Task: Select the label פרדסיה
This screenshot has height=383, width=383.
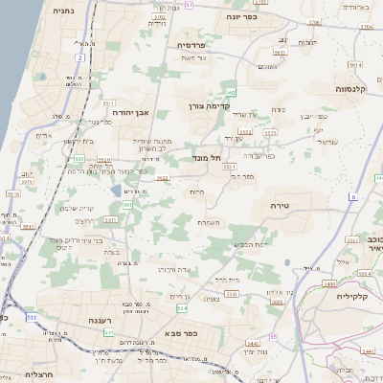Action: (191, 45)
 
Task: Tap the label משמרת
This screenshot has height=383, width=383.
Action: (212, 223)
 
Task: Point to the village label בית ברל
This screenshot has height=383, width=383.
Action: (226, 280)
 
